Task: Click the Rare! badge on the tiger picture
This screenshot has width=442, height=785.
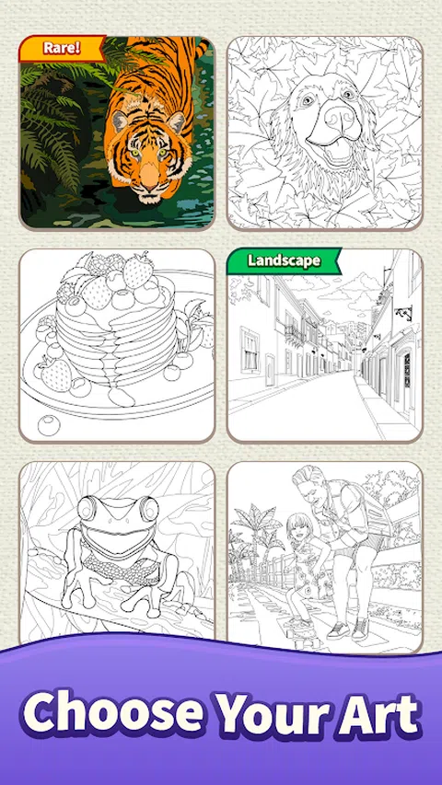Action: pos(61,48)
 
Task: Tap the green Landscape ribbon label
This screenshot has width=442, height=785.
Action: pos(284,260)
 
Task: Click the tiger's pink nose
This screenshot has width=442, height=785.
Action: pos(149,176)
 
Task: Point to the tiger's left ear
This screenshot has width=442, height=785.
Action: pos(121,121)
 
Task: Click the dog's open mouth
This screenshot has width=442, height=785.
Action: pos(338,151)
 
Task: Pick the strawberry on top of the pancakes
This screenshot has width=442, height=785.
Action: pos(138,271)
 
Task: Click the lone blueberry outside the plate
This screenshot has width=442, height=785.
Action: pos(49,425)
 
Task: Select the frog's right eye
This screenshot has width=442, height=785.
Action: pos(149,509)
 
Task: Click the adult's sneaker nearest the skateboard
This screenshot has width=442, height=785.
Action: pos(339,629)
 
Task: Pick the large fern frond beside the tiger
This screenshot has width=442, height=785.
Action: pos(50,125)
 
